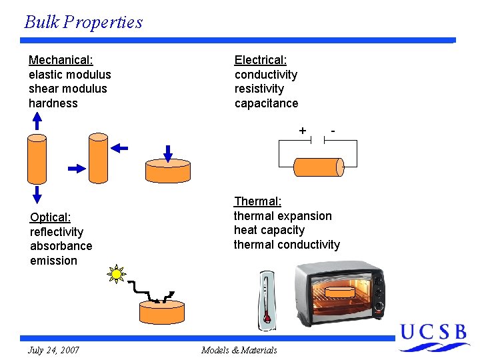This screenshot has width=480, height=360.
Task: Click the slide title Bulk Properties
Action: [x=83, y=22]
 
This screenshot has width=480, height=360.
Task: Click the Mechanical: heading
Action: [x=61, y=60]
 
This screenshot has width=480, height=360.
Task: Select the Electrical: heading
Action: [x=261, y=60]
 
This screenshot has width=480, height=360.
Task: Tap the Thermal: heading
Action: [x=257, y=201]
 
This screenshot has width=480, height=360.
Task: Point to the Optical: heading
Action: [x=50, y=217]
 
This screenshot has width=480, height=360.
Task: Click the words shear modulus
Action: [x=67, y=89]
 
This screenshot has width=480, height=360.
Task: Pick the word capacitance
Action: [x=266, y=103]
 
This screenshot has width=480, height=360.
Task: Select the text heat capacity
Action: [x=269, y=230]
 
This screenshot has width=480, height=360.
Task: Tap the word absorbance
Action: [x=61, y=246]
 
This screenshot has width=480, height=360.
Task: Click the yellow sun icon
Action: [x=117, y=273]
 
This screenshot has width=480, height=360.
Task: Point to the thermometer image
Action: [x=267, y=300]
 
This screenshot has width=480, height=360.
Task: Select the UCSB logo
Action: [x=434, y=337]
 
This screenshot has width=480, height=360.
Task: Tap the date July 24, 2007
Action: [x=53, y=350]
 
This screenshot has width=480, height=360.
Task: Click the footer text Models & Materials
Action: [x=239, y=350]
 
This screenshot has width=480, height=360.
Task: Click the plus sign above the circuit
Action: [x=303, y=130]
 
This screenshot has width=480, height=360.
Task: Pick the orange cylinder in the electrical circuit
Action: [x=319, y=166]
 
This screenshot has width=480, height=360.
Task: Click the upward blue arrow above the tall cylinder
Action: [x=37, y=121]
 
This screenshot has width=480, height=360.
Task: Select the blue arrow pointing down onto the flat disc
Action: [x=168, y=153]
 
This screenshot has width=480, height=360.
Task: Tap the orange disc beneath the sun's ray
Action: [x=161, y=312]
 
